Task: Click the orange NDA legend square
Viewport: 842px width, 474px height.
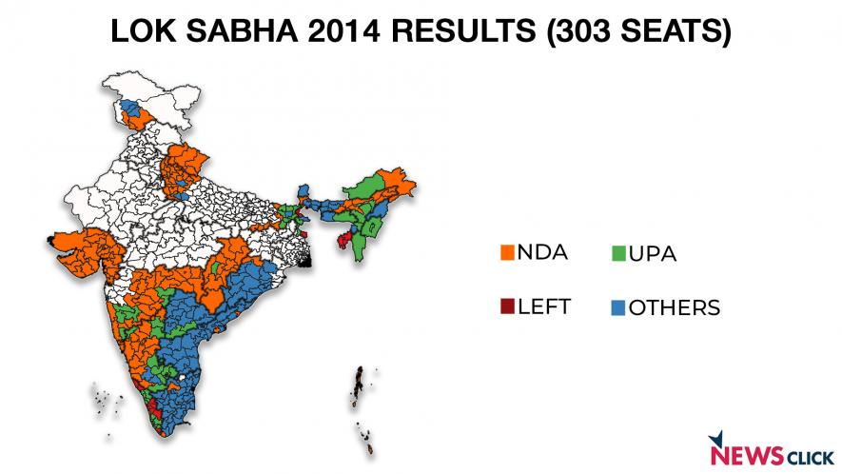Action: pyautogui.click(x=507, y=252)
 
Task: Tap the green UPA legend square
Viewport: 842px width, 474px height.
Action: pyautogui.click(x=617, y=253)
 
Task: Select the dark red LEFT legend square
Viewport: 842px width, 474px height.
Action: pyautogui.click(x=507, y=306)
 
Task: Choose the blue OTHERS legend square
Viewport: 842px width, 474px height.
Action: pyautogui.click(x=617, y=307)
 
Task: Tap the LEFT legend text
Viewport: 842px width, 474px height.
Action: pyautogui.click(x=546, y=306)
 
